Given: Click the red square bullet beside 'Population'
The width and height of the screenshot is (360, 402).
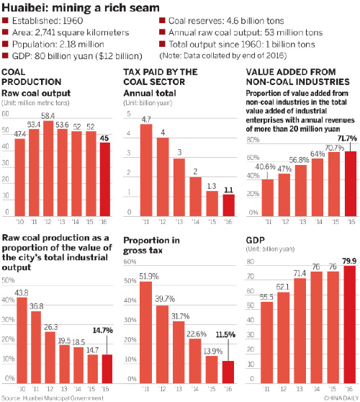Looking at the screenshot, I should pos(6,44).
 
